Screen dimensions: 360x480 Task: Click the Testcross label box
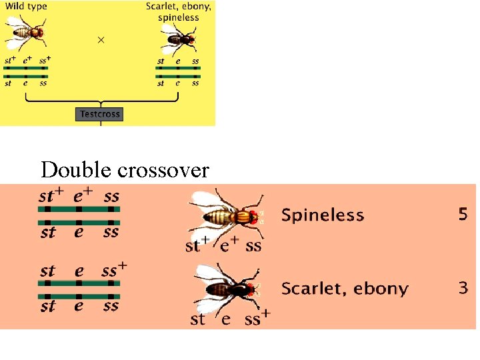coord(100,114)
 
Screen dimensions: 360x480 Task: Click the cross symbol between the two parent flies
coord(101,40)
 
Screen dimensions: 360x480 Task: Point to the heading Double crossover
coord(125,170)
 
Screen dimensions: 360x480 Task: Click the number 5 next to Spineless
coord(463,214)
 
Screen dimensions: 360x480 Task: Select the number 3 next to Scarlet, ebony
coord(463,288)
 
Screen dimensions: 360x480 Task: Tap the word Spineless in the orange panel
coord(323,215)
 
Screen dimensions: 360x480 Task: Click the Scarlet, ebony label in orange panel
coord(345,289)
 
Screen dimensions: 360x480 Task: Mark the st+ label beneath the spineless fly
coord(197,244)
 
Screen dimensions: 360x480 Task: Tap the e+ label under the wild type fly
coord(27,60)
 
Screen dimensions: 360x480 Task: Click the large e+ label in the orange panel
coord(83,196)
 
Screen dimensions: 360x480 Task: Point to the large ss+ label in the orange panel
coord(114,270)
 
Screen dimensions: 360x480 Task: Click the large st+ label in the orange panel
coord(51,196)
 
